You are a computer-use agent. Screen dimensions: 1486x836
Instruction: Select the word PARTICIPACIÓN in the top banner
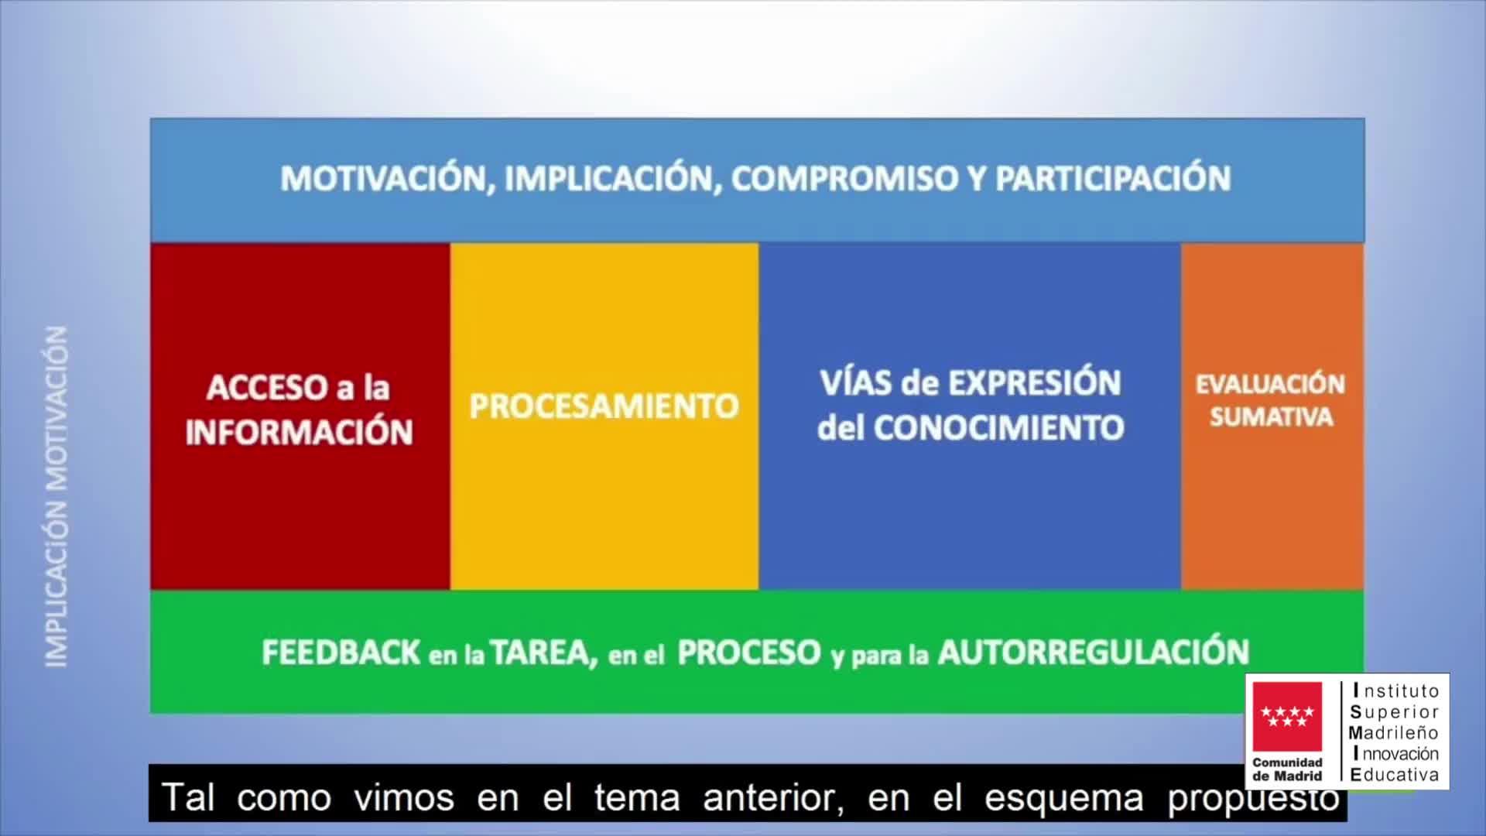click(1112, 179)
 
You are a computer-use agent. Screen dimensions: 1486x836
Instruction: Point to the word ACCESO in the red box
click(267, 388)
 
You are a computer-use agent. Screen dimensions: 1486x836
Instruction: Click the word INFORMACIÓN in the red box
click(300, 432)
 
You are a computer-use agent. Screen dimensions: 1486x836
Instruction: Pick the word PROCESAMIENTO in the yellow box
click(604, 406)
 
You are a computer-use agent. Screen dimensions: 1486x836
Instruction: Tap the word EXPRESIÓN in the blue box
click(1035, 382)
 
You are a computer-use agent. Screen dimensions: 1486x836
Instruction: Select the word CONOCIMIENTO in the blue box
click(998, 427)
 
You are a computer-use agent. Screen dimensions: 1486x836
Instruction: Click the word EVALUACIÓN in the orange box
click(1271, 385)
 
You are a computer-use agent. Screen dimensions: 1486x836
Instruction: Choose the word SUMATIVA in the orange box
click(1271, 417)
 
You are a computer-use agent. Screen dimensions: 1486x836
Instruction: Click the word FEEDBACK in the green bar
click(341, 653)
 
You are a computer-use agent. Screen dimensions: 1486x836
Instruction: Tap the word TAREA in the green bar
click(543, 653)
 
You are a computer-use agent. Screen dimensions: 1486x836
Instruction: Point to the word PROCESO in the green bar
click(748, 653)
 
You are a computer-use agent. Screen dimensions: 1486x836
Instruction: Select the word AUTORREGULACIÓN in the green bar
click(1093, 651)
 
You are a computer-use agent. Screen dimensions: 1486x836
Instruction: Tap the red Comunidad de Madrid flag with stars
click(1288, 717)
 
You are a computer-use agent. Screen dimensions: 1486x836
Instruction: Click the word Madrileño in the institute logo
click(1393, 732)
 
